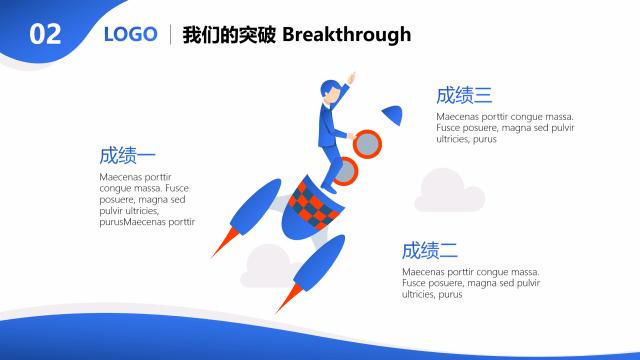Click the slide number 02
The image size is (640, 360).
tap(46, 35)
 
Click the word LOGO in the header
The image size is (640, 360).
tap(131, 35)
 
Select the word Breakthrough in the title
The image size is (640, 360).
tap(347, 35)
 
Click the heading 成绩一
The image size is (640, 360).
tap(128, 156)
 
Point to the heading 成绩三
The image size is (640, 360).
tap(464, 96)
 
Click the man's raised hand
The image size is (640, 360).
tap(352, 77)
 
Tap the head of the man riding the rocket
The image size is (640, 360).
tap(330, 92)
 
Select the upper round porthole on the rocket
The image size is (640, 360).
tap(368, 144)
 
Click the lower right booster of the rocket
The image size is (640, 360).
tap(315, 264)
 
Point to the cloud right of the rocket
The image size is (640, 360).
tap(449, 191)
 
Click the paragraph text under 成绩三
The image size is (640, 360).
tap(505, 127)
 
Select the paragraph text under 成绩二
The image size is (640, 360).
tap(471, 283)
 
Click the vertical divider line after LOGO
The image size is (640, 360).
tap(170, 35)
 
